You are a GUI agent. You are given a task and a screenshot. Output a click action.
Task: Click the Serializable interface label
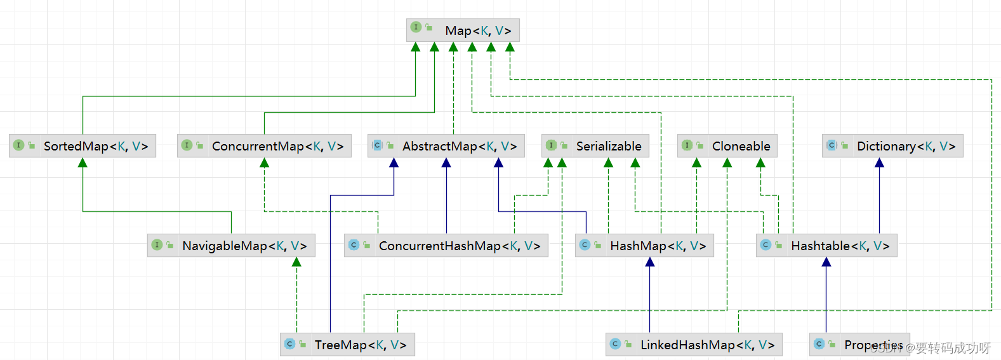tap(608, 146)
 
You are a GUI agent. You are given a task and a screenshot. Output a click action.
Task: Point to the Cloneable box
tap(740, 146)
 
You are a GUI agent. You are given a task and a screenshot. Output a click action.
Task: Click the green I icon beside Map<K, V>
tap(416, 27)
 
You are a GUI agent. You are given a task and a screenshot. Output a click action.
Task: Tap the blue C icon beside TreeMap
tap(289, 344)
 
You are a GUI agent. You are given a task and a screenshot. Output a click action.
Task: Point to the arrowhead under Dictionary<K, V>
tap(879, 163)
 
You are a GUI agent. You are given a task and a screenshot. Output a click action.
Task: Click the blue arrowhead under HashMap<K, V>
tap(650, 262)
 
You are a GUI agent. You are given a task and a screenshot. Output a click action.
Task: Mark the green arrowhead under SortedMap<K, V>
tap(83, 163)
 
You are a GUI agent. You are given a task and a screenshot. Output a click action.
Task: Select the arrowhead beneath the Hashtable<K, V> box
tap(826, 262)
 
